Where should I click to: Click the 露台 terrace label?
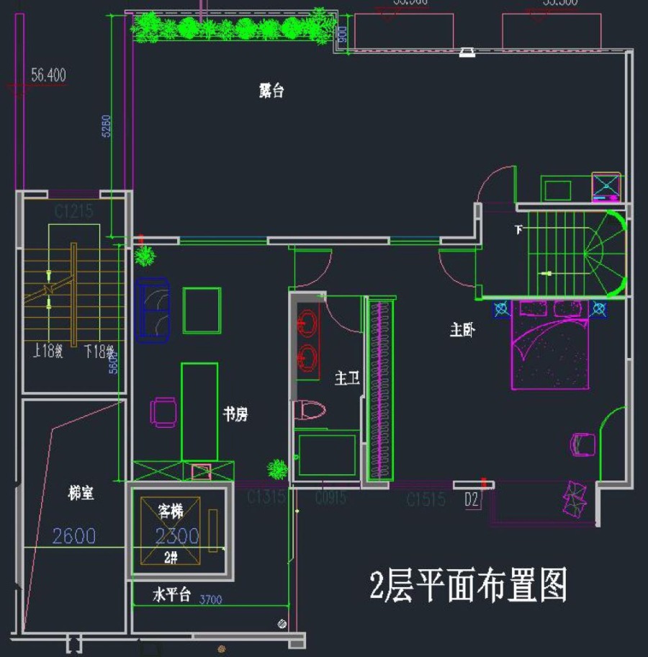(x=271, y=91)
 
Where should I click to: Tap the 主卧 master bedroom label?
(x=462, y=331)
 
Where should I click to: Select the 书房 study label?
(x=235, y=414)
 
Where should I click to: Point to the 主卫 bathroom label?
(x=347, y=377)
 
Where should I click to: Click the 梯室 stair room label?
(x=81, y=494)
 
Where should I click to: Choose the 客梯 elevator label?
(x=171, y=511)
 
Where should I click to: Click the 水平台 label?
(x=171, y=595)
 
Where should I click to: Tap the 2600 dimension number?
(x=74, y=536)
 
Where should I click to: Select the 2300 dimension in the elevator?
(x=177, y=536)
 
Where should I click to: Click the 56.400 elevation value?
(x=49, y=75)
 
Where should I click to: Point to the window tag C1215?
(x=74, y=212)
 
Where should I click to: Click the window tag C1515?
(x=426, y=500)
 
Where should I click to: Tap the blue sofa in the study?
(x=151, y=309)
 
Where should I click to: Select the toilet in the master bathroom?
(x=310, y=411)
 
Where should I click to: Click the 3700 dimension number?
(x=210, y=599)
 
